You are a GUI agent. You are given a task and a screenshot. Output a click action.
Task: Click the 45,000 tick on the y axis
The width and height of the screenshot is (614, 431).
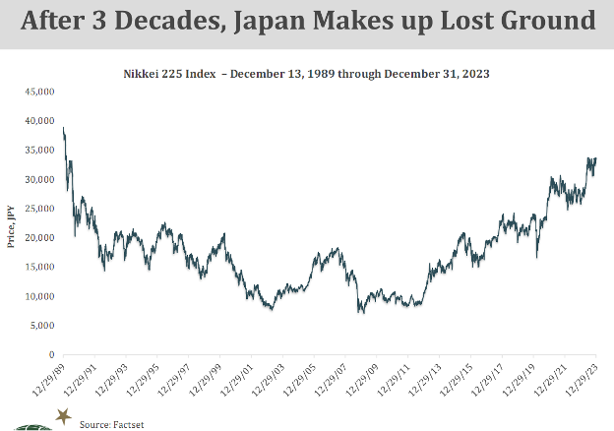click(40, 92)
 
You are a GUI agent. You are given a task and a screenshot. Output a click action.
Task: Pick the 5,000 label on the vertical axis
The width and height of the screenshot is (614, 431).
click(43, 326)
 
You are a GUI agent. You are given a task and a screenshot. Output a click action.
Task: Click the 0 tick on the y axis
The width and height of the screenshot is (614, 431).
click(51, 355)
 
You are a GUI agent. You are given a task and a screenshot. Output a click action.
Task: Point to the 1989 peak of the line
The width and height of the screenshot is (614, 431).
click(64, 128)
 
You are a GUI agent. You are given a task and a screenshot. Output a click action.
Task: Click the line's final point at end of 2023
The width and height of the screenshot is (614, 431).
click(596, 158)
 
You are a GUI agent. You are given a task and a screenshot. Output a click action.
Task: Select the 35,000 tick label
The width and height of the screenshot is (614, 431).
click(40, 151)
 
